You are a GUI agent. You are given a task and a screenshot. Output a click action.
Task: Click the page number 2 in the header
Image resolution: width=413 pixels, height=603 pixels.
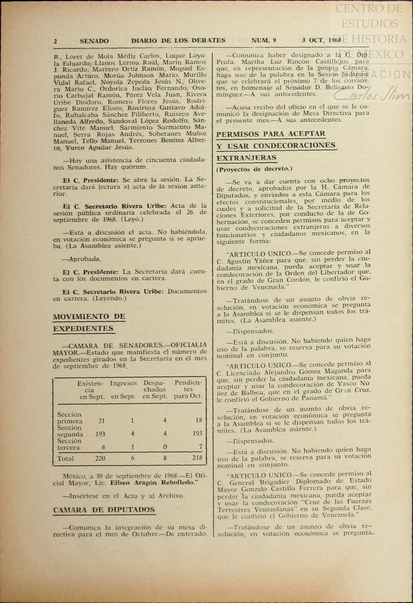pos(56,41)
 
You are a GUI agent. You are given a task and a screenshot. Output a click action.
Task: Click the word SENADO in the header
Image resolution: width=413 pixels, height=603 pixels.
pos(94,41)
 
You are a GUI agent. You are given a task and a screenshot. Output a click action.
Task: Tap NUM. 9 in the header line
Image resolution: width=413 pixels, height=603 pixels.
pos(263,40)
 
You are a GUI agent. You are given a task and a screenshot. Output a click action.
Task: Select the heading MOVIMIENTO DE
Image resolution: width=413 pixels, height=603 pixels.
pos(89,316)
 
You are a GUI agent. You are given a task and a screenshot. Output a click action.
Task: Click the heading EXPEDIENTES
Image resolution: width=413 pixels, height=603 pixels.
pos(83,329)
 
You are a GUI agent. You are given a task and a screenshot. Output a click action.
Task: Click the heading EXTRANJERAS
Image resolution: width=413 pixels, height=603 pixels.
pos(247,158)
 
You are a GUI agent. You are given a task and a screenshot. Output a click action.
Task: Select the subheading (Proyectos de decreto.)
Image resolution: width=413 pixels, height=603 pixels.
pos(254,169)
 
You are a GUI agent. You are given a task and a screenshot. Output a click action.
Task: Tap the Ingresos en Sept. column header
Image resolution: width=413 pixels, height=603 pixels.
pos(124,390)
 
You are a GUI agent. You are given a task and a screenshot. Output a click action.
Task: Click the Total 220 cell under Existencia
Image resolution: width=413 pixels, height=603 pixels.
pos(100,458)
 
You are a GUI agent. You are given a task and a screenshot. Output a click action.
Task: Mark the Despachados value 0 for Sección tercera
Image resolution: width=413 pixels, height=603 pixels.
pos(165,446)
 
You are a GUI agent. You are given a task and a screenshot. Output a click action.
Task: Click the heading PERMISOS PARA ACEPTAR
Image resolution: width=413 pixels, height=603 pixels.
pos(271,134)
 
